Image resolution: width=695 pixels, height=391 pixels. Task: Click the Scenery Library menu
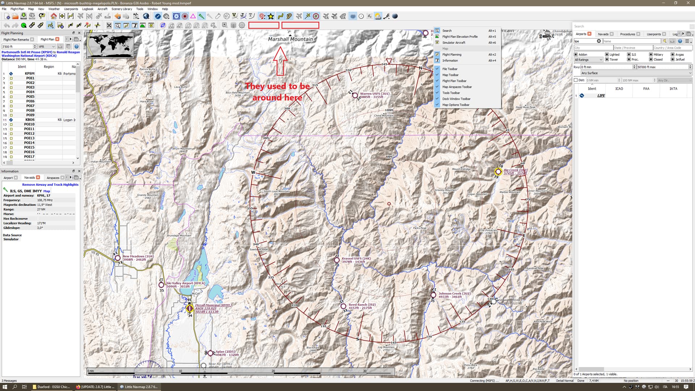(121, 9)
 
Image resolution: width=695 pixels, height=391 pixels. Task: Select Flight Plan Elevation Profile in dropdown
(460, 37)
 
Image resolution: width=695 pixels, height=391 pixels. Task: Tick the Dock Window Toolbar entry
(456, 99)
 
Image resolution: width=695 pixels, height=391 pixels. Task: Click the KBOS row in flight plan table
(30, 120)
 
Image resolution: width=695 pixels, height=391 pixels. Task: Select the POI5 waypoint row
(30, 97)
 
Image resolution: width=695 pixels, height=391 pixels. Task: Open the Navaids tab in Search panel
(603, 34)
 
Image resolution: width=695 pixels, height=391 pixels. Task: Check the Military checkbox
(651, 55)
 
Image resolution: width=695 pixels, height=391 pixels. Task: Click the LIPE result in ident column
(601, 96)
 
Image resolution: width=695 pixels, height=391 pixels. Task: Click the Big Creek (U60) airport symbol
(498, 172)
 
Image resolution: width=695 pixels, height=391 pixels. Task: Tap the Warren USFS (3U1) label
(374, 94)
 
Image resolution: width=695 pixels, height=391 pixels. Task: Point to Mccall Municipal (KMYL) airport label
(213, 305)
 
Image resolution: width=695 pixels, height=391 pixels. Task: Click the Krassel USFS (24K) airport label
(356, 258)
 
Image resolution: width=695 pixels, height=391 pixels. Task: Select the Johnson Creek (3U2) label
(454, 294)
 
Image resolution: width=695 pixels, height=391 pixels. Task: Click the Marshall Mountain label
(290, 39)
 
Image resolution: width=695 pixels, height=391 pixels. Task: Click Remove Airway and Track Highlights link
(50, 185)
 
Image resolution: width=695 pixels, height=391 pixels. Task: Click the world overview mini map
(110, 45)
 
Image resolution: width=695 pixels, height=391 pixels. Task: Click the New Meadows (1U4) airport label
(138, 256)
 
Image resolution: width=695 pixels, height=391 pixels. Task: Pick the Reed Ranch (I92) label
(362, 305)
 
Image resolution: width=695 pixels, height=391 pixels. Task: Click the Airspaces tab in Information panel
(53, 178)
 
